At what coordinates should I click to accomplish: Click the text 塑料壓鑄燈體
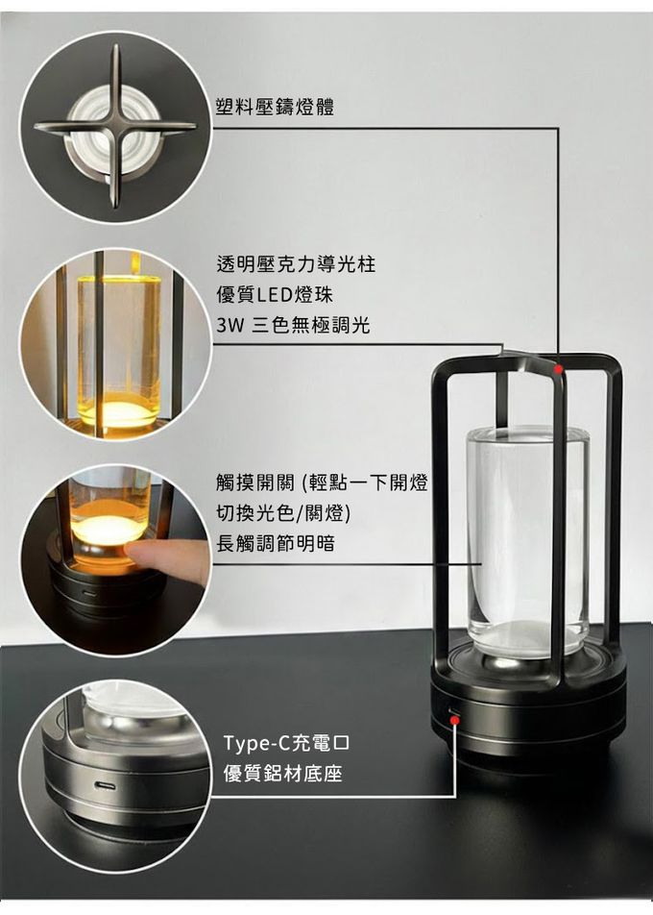[x=275, y=107]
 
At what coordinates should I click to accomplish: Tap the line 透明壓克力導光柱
[x=296, y=264]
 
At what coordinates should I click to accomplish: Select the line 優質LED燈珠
[x=275, y=295]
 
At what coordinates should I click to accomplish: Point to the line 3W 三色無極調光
[x=293, y=325]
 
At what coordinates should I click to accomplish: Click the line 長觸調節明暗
[x=276, y=544]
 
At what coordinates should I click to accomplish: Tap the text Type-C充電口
[x=286, y=744]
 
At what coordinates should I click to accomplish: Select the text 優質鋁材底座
[x=282, y=774]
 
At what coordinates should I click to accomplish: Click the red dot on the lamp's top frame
[x=559, y=369]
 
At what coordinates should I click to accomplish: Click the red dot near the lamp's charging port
[x=454, y=720]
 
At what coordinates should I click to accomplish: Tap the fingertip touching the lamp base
[x=133, y=550]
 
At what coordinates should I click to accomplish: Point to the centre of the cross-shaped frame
[x=115, y=127]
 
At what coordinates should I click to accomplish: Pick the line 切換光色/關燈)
[x=283, y=513]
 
